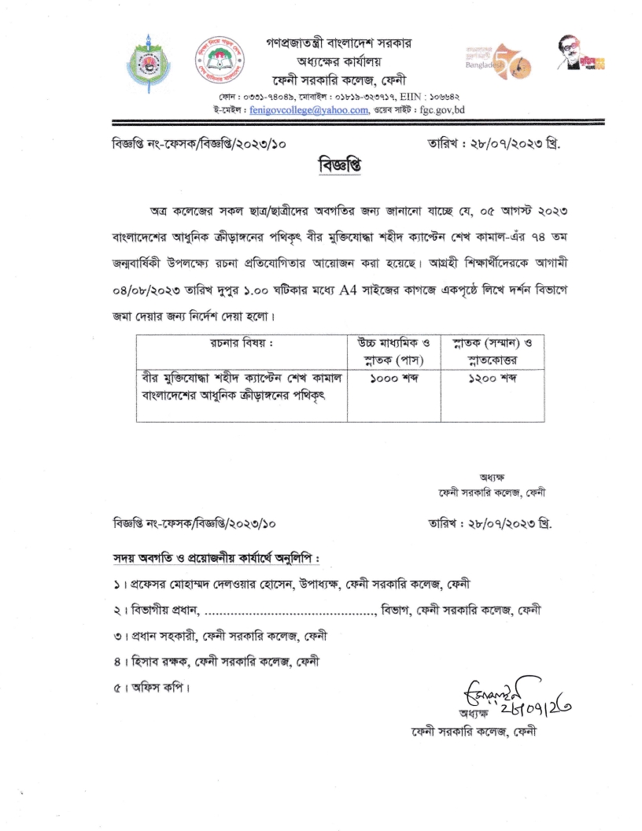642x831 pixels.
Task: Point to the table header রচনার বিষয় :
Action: click(241, 342)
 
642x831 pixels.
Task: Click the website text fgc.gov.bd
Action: click(445, 110)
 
